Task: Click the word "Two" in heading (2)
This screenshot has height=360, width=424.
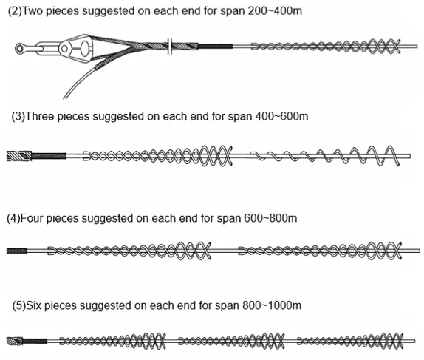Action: point(33,11)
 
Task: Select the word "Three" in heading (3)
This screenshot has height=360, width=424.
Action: point(40,116)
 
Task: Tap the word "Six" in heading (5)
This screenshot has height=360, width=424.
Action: point(33,305)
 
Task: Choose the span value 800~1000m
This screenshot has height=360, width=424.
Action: point(272,305)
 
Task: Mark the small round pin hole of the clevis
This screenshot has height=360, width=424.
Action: point(64,49)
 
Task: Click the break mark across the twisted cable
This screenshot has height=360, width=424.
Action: point(170,47)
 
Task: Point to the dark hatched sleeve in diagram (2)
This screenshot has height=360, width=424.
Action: point(215,47)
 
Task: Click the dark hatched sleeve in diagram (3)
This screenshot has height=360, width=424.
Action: point(49,156)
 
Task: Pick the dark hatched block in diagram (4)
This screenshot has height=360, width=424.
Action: point(17,251)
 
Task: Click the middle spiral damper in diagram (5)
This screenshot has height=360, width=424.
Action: point(231,341)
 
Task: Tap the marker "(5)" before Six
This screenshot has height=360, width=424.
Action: point(18,305)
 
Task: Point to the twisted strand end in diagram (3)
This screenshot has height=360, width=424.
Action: point(19,156)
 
